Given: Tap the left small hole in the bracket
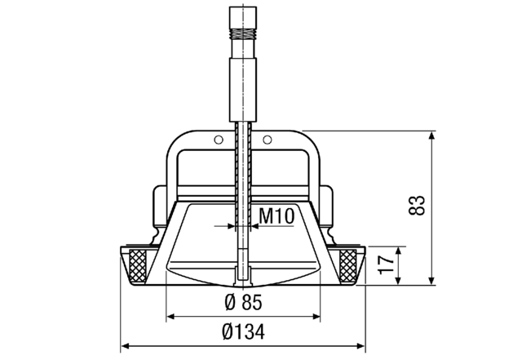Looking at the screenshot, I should pyautogui.click(x=218, y=140).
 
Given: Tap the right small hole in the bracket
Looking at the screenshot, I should pyautogui.click(x=264, y=140).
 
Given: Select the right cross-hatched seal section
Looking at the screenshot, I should pyautogui.click(x=348, y=264).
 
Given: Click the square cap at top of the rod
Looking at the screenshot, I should pyautogui.click(x=241, y=15).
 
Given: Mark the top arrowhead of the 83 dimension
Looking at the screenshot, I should pyautogui.click(x=431, y=135).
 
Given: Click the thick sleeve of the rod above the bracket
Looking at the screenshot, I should pyautogui.click(x=241, y=82).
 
